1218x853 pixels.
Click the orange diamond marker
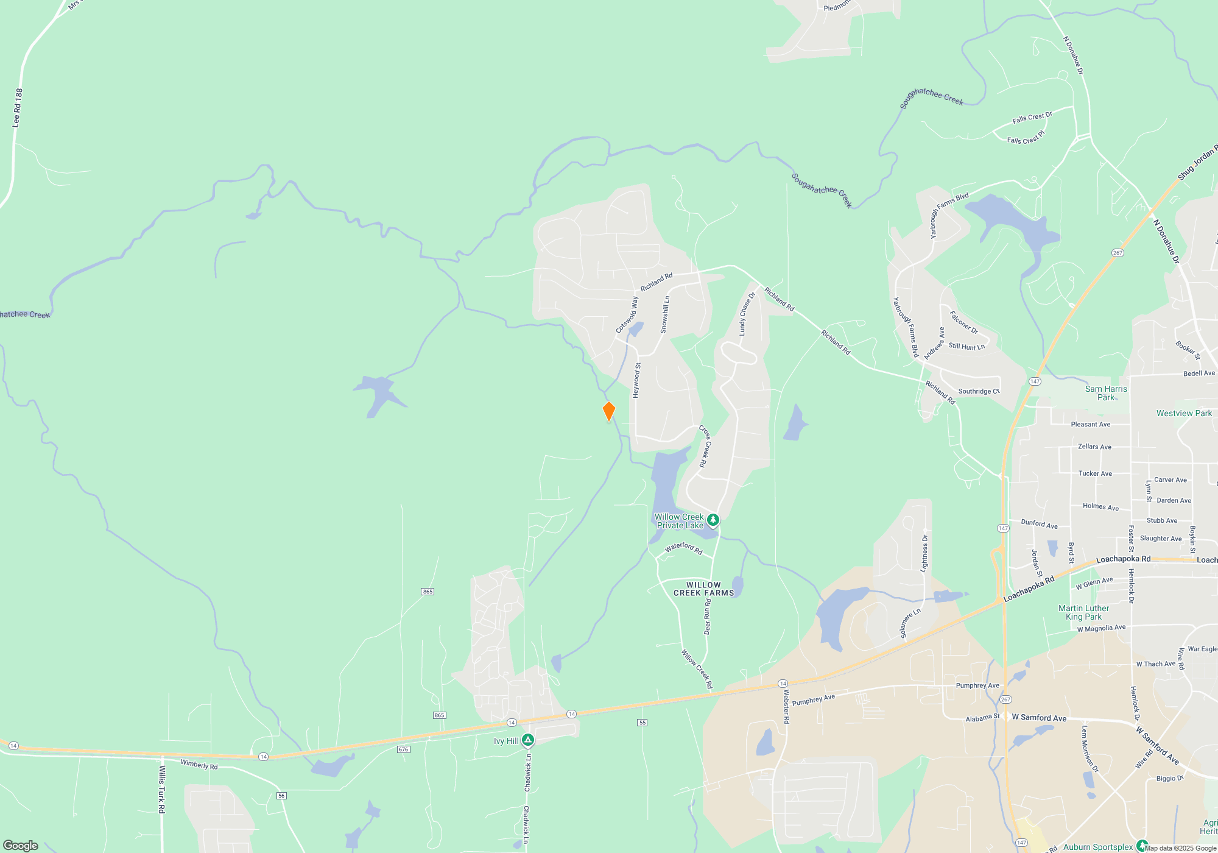tap(608, 411)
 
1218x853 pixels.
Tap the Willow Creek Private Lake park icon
tap(713, 520)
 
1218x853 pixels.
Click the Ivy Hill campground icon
tap(528, 740)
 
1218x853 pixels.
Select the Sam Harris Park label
tap(1106, 393)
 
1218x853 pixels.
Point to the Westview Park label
tap(1184, 413)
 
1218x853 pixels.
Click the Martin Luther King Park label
tap(1083, 612)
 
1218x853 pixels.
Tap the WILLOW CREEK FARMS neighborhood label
tap(703, 589)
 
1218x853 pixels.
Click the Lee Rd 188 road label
tap(18, 108)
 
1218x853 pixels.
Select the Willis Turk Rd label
tap(161, 790)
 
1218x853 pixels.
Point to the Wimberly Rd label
tap(199, 765)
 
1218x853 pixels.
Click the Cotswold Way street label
tap(627, 315)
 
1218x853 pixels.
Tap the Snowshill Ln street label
tap(665, 314)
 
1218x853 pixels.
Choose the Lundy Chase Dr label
tap(747, 314)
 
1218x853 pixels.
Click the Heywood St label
tap(636, 381)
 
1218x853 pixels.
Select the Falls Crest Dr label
tap(1032, 117)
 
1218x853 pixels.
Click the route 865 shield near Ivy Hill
tap(439, 715)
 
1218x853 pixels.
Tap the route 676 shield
tap(403, 749)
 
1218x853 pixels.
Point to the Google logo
tap(21, 846)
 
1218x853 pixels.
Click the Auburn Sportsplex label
tap(1098, 847)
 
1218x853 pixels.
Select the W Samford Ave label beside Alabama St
tap(1039, 718)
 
